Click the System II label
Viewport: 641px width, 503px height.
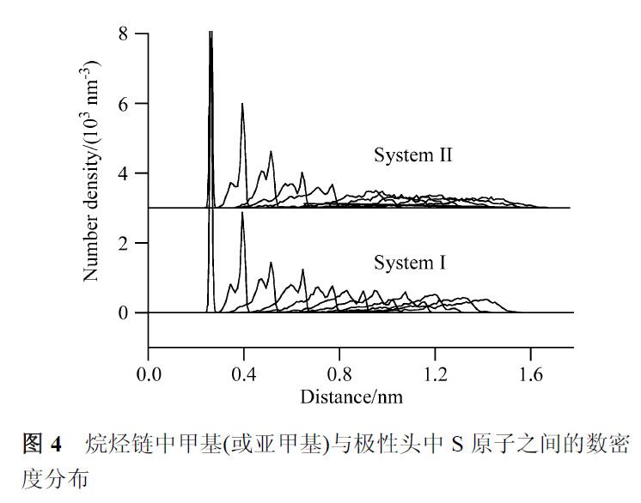point(412,155)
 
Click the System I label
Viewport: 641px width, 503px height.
point(410,262)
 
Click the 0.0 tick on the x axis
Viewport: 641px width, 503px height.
point(149,375)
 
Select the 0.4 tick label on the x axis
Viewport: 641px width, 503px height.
point(244,375)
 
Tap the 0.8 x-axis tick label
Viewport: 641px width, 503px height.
point(340,375)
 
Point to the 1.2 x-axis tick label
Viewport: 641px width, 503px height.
point(436,375)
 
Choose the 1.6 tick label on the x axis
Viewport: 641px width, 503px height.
point(531,375)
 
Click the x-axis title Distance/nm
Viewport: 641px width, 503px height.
point(351,397)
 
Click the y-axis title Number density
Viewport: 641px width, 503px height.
point(92,172)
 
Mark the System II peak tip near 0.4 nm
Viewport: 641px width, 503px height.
point(242,104)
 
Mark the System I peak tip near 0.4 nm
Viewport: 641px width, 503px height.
point(242,213)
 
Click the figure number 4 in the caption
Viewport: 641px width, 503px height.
point(57,444)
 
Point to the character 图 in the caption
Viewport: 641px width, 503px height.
point(33,444)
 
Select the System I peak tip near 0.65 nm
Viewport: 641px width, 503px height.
point(302,270)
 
